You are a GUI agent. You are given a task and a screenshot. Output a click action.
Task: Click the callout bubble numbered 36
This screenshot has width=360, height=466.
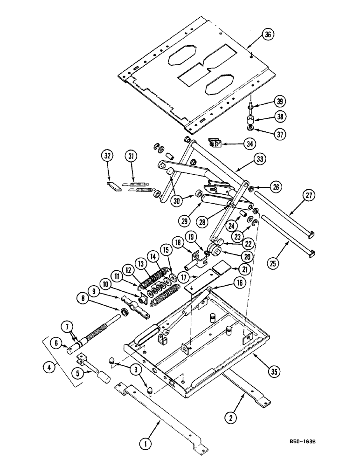point(268,35)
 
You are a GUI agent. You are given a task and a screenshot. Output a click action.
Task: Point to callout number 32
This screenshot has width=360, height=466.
point(108,157)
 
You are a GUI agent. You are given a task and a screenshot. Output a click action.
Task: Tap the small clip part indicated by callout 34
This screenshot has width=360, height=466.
point(215,144)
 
